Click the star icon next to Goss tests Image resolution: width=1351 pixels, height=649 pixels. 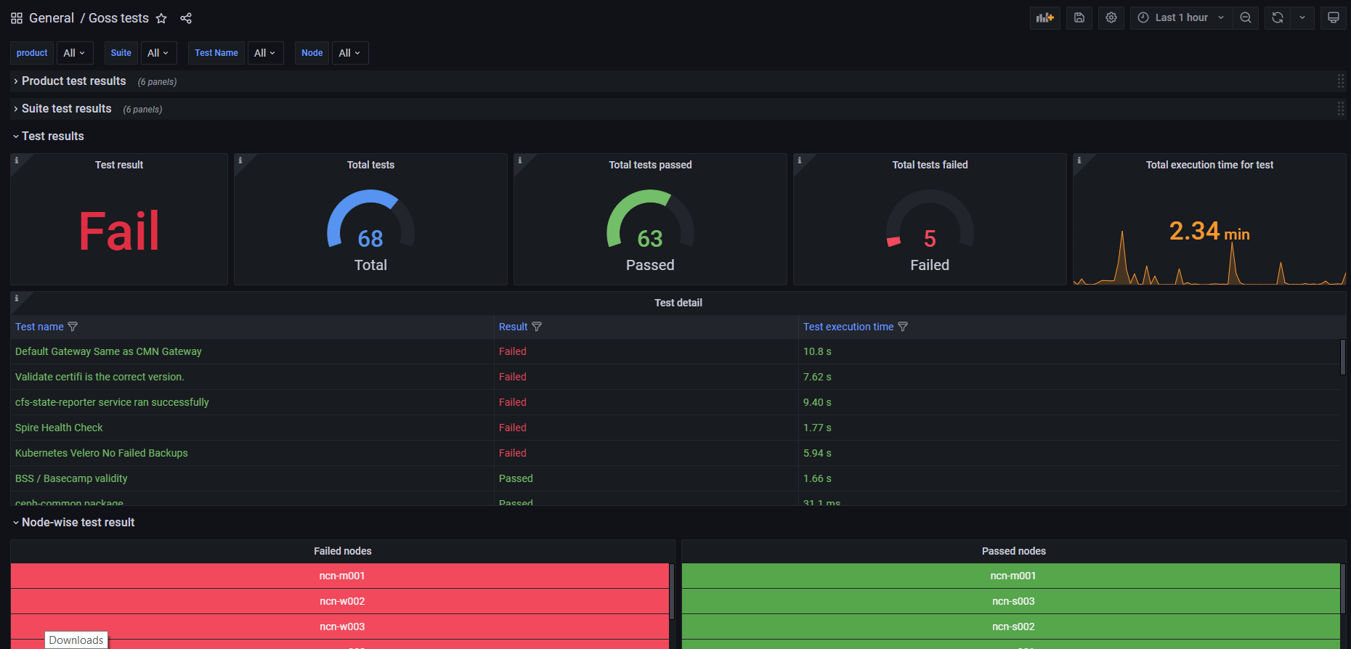pyautogui.click(x=161, y=18)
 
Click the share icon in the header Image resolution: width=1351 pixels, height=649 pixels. pyautogui.click(x=186, y=18)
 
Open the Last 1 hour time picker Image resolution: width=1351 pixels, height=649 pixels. pyautogui.click(x=1181, y=17)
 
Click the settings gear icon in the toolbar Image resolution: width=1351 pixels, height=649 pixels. pyautogui.click(x=1111, y=17)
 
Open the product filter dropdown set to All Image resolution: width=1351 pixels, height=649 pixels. pyautogui.click(x=74, y=53)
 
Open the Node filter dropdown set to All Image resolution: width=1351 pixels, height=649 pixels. pyautogui.click(x=349, y=53)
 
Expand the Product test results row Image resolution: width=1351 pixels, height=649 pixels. pyautogui.click(x=73, y=81)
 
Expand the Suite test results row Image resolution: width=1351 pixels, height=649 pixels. pyautogui.click(x=66, y=109)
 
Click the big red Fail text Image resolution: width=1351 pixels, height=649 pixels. pyautogui.click(x=118, y=232)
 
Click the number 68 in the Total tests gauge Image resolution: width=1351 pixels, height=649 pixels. pyautogui.click(x=370, y=239)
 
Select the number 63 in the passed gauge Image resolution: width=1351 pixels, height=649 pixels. pyautogui.click(x=650, y=239)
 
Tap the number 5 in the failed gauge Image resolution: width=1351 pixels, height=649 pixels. pyautogui.click(x=930, y=239)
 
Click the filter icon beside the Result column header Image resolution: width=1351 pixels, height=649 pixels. pyautogui.click(x=537, y=327)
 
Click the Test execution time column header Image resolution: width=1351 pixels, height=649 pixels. pyautogui.click(x=848, y=327)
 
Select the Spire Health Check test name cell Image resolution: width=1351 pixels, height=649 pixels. pyautogui.click(x=59, y=428)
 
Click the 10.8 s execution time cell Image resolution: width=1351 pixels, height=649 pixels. pyautogui.click(x=817, y=351)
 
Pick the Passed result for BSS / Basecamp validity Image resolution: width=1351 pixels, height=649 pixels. pyautogui.click(x=516, y=478)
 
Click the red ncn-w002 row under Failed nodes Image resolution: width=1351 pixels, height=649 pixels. pyautogui.click(x=341, y=601)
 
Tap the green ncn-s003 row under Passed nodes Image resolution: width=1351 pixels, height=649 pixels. pyautogui.click(x=1013, y=601)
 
